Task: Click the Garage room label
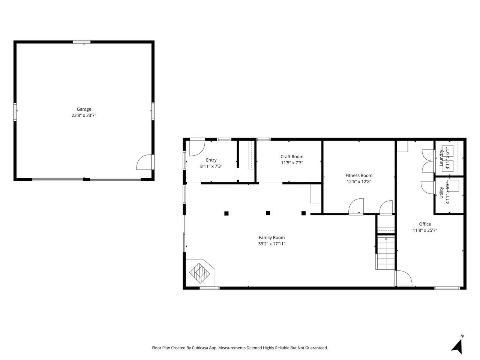[84, 109]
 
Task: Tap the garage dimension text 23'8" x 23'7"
[84, 115]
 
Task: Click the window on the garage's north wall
[81, 42]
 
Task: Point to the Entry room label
[211, 160]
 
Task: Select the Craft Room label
[292, 157]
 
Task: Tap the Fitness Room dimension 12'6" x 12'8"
[359, 181]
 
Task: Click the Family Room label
[271, 237]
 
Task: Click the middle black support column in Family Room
[268, 213]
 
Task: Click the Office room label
[425, 224]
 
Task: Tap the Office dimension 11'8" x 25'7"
[425, 231]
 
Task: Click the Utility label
[441, 193]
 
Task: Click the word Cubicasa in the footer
[199, 348]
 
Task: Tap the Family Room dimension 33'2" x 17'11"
[271, 244]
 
